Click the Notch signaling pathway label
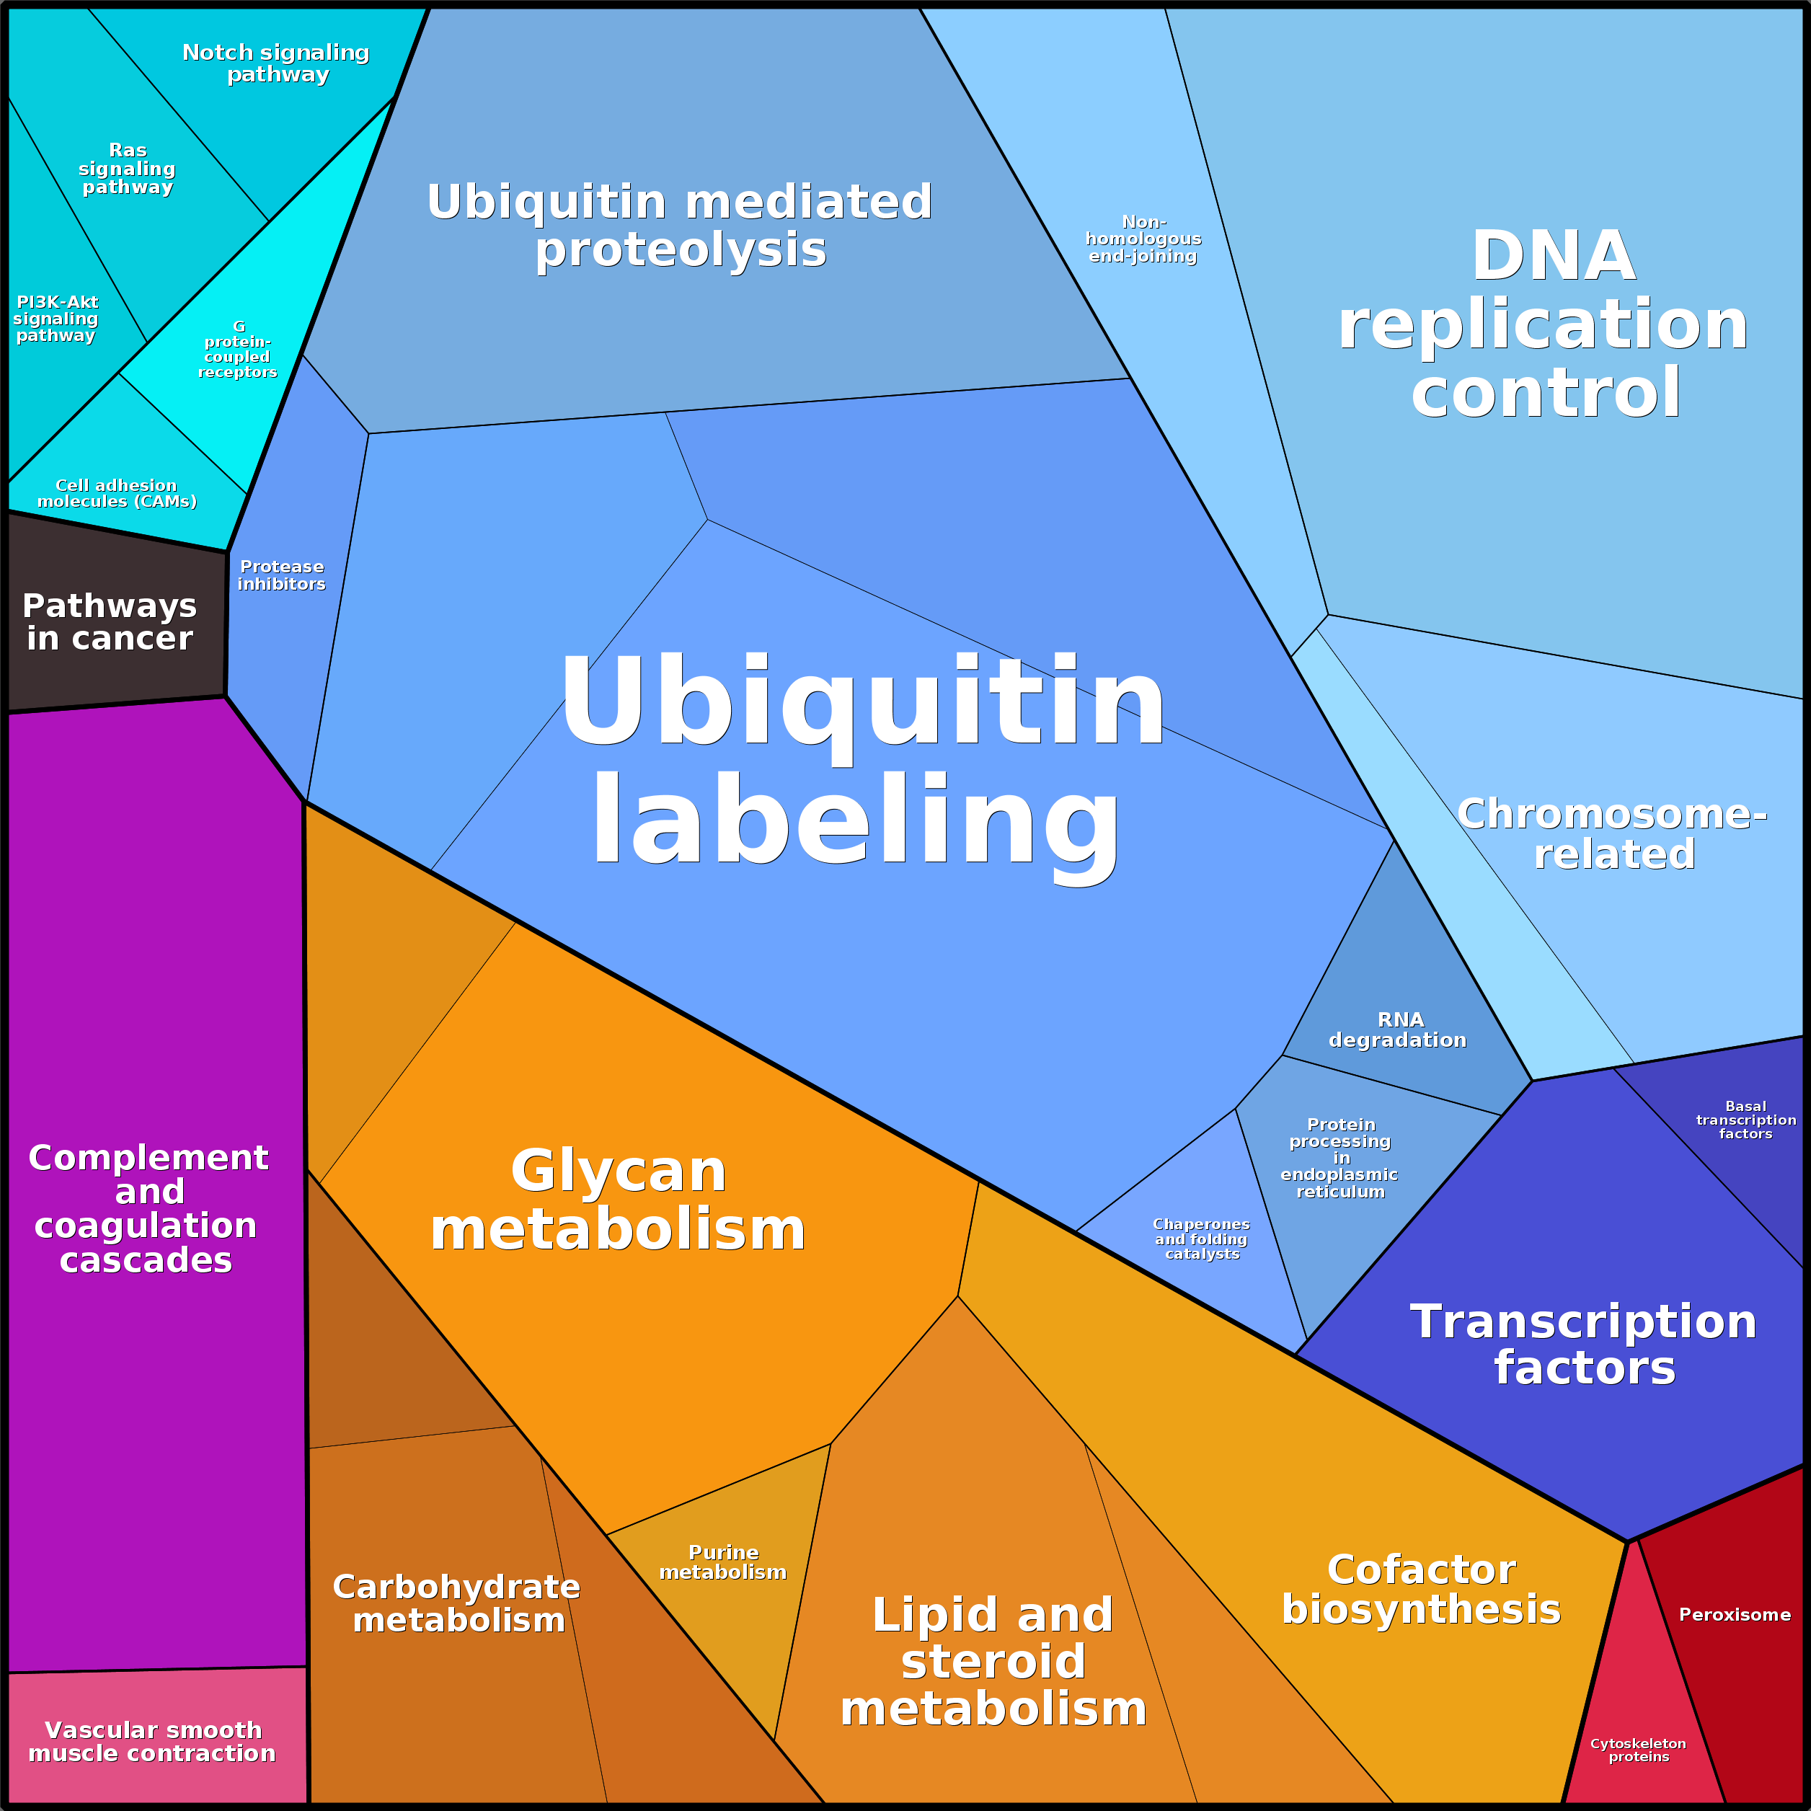[277, 63]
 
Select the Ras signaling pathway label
[128, 169]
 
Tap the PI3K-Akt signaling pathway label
[56, 319]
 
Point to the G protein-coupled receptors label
[238, 349]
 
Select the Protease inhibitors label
[281, 575]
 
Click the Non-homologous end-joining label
[1143, 239]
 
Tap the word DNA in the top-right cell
[1553, 256]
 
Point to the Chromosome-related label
[1612, 833]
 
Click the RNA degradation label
[1398, 1030]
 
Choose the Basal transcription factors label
[1746, 1120]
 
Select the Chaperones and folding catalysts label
[1202, 1239]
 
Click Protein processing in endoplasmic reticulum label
[1340, 1158]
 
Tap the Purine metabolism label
[722, 1562]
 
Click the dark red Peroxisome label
[1735, 1614]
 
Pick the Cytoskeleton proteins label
[1639, 1750]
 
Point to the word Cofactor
[1421, 1569]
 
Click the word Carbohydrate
[456, 1587]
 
